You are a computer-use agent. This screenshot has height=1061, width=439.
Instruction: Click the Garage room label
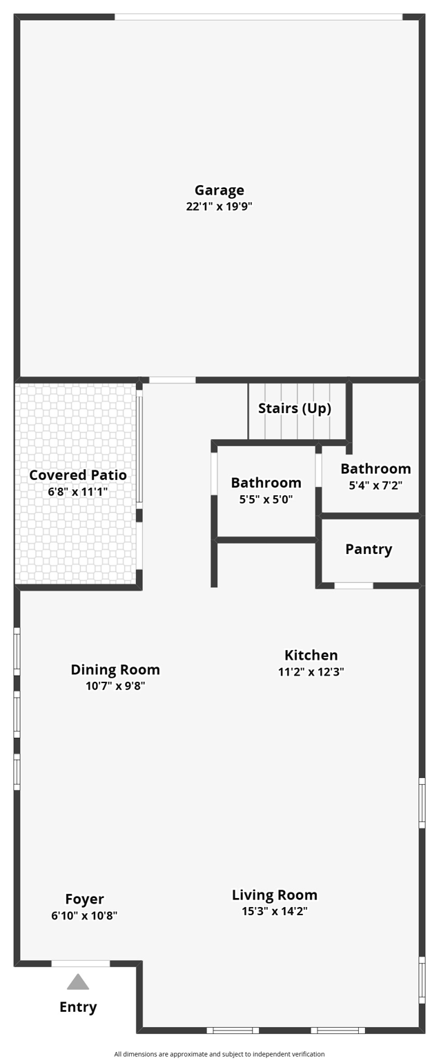[219, 190]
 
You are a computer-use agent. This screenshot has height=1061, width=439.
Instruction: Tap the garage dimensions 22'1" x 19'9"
[219, 207]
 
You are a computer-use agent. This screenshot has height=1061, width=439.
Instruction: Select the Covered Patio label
[78, 475]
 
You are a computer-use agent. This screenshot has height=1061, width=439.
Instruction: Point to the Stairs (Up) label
[295, 408]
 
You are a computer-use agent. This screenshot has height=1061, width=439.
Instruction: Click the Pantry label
[369, 549]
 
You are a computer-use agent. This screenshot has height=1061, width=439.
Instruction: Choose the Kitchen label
[311, 655]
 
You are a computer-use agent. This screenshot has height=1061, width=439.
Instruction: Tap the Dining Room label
[115, 669]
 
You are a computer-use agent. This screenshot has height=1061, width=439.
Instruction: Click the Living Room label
[275, 895]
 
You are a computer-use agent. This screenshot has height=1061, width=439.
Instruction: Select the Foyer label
[84, 899]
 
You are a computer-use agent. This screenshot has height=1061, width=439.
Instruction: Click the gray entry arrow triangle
[78, 982]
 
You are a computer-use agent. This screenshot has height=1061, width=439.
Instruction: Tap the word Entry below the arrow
[78, 1007]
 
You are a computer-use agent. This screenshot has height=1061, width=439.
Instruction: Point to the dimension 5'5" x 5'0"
[266, 499]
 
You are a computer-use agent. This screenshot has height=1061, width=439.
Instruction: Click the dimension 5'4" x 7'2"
[375, 485]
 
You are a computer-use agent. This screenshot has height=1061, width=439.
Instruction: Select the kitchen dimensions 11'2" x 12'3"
[311, 671]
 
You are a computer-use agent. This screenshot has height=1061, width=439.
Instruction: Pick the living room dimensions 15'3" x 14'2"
[275, 911]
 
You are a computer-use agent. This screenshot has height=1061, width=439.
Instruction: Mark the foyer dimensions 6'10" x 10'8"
[84, 916]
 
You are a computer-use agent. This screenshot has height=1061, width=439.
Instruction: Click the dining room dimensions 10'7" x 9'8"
[115, 686]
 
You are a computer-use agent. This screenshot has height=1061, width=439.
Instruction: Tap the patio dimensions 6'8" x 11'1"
[78, 492]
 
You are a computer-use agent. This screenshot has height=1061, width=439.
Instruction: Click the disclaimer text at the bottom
[219, 1054]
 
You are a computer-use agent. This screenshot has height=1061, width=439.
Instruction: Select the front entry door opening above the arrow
[81, 964]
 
